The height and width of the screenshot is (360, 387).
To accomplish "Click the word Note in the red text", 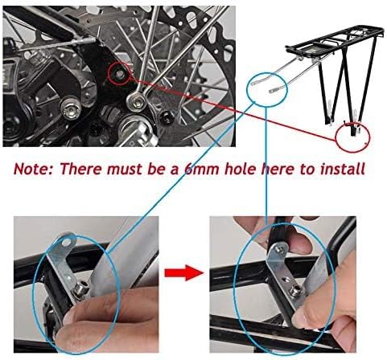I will click(x=39, y=170).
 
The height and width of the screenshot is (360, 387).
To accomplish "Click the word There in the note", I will click(x=93, y=170).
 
